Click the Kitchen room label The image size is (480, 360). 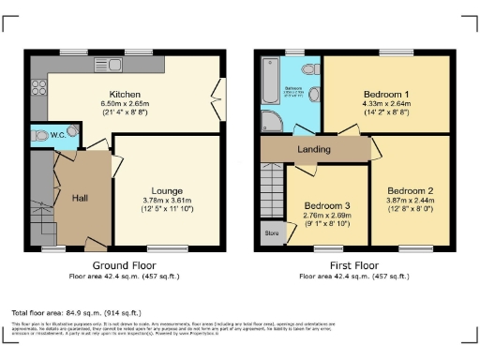tap(125, 95)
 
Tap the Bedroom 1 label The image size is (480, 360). tap(385, 96)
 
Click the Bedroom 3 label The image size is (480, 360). tap(327, 205)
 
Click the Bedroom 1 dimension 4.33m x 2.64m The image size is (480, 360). tap(385, 105)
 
